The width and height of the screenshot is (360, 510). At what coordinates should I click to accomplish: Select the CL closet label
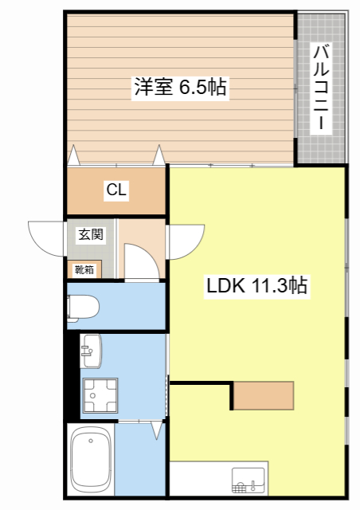tap(116, 191)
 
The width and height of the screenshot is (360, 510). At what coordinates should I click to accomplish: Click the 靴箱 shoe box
tap(84, 269)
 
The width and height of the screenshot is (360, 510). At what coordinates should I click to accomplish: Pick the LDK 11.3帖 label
tap(258, 284)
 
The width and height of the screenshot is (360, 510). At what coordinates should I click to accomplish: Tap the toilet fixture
tap(83, 306)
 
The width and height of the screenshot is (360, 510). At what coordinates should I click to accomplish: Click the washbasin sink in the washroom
tap(90, 351)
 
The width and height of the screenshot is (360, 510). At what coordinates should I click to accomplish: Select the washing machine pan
tap(100, 396)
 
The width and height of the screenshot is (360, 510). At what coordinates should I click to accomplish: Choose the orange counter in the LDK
tap(264, 395)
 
